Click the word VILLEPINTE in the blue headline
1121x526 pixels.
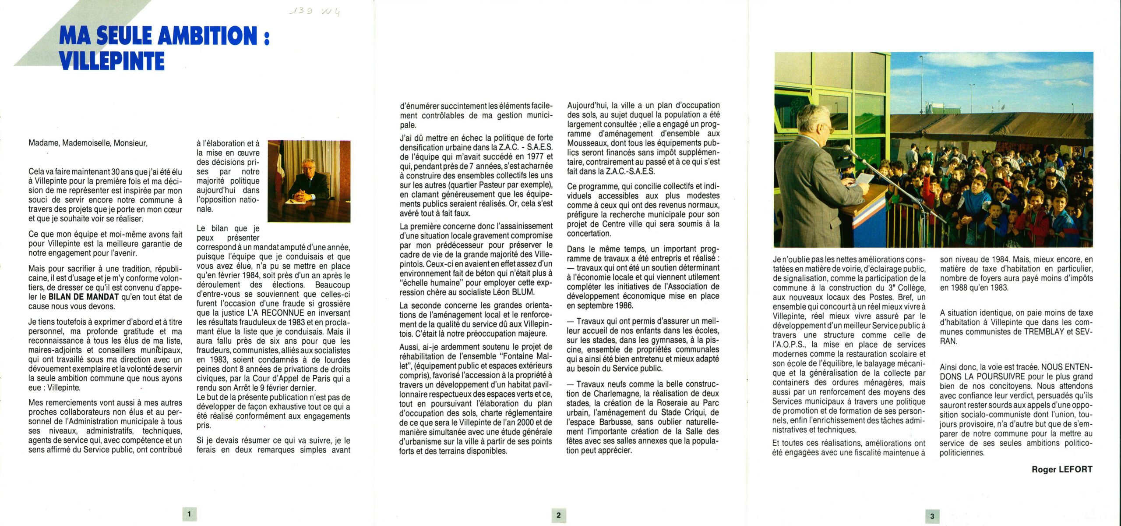pos(112,61)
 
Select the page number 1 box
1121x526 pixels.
pos(189,514)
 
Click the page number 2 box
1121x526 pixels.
pos(558,515)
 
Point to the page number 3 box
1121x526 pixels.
pos(932,516)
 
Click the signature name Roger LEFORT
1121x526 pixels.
pos(1062,469)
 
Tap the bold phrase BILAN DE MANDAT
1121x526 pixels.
pos(83,297)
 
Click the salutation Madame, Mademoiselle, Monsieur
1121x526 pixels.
pos(88,143)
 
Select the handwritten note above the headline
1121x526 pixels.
pos(315,12)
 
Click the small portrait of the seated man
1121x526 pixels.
pos(309,181)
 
